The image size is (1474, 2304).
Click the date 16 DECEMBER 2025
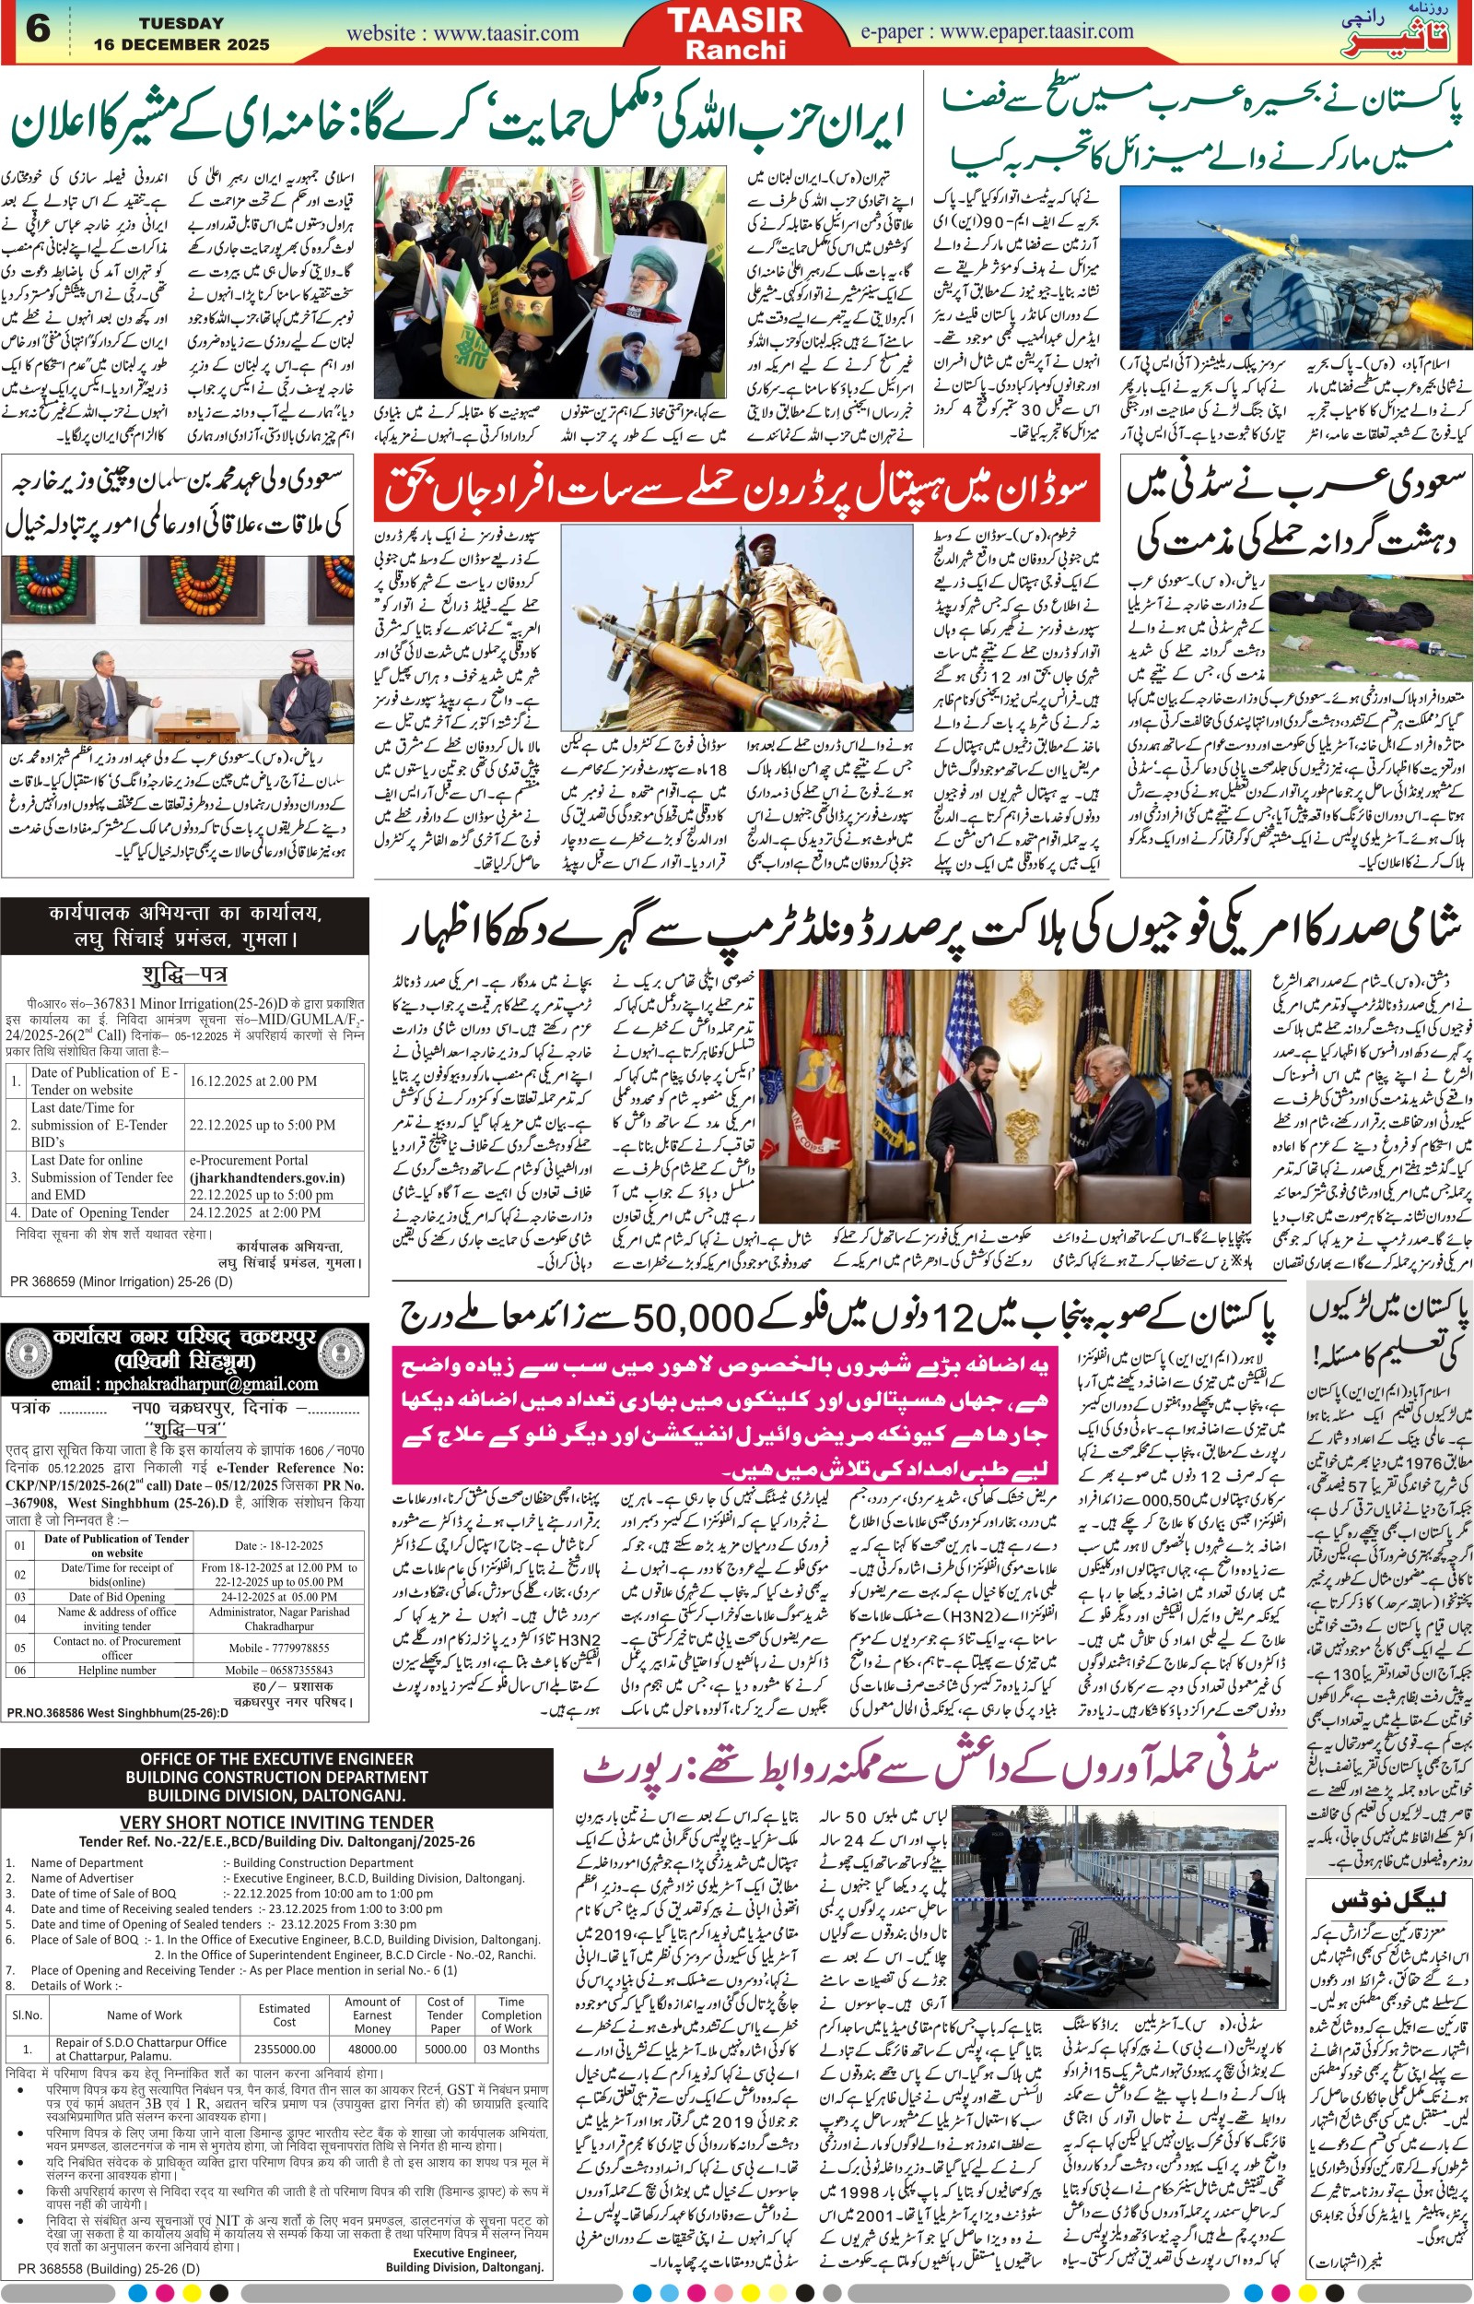coord(181,45)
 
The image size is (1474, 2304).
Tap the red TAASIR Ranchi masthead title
coord(734,32)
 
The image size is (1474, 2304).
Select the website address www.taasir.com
coord(462,33)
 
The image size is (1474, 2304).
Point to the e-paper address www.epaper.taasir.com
coord(997,31)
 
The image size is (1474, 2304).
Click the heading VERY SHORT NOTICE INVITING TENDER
coord(275,1822)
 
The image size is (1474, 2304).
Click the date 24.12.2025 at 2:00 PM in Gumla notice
coord(254,1212)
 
